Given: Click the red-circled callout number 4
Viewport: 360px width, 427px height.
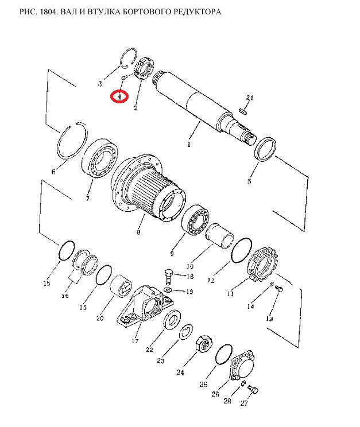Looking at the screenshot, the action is click(x=119, y=96).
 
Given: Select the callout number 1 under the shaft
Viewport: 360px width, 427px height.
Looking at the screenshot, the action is click(x=189, y=144).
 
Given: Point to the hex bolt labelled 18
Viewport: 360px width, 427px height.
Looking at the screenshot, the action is click(x=169, y=277).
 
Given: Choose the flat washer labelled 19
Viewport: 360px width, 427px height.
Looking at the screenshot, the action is click(x=168, y=289).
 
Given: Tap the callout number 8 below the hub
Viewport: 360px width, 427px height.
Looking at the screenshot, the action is click(x=138, y=232).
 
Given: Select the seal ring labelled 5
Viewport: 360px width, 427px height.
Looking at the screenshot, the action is click(x=265, y=149).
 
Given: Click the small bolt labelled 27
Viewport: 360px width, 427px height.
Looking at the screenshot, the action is click(x=253, y=390).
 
